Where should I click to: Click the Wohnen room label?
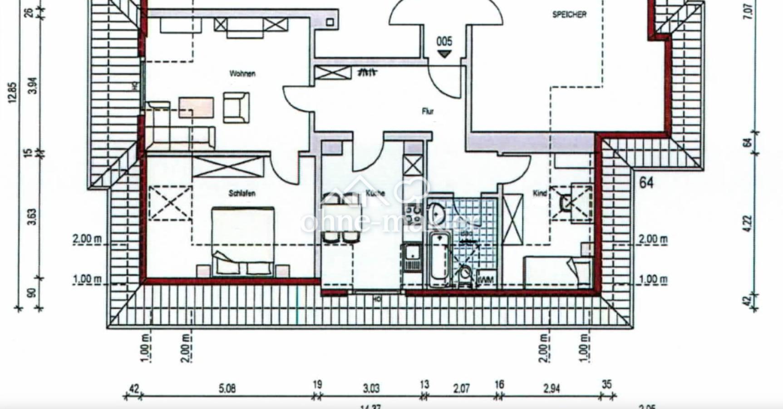[x=242, y=74]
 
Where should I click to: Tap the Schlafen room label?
[x=242, y=194]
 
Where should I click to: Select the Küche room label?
[x=375, y=193]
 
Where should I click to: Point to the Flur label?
[x=428, y=111]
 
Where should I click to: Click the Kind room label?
[x=540, y=194]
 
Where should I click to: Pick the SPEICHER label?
[x=569, y=15]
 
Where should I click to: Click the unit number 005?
[x=444, y=42]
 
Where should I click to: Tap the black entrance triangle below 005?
[x=444, y=54]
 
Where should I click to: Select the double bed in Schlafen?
[x=243, y=241]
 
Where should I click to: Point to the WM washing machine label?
[x=487, y=280]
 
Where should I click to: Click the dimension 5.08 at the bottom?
[x=227, y=389]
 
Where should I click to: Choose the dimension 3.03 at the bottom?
[x=371, y=389]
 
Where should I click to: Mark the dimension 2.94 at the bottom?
[x=551, y=389]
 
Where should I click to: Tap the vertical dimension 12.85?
[x=12, y=93]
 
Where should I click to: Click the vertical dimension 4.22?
[x=748, y=223]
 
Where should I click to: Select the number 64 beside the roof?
[x=646, y=183]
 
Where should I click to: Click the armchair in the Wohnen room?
[x=236, y=107]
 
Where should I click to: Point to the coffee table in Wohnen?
[x=196, y=107]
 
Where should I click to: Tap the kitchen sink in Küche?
[x=412, y=257]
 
